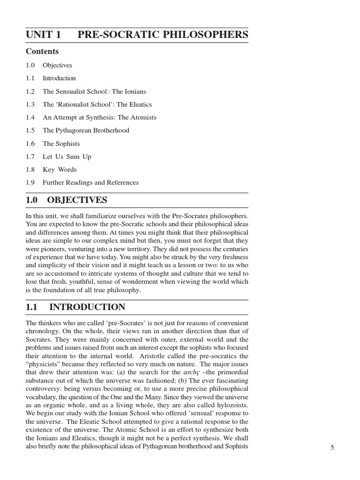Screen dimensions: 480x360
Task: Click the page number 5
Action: coord(332,448)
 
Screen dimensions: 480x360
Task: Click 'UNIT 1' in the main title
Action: coord(43,35)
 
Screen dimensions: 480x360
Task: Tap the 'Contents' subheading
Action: coord(42,52)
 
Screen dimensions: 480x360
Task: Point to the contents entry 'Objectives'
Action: coord(57,65)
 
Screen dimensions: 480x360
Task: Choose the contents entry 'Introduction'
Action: coord(59,78)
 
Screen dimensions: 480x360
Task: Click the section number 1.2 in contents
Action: coord(30,91)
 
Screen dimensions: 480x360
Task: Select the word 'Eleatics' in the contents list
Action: coord(140,105)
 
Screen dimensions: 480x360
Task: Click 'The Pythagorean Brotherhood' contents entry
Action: coord(86,130)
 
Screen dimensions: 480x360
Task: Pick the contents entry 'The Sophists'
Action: coord(61,143)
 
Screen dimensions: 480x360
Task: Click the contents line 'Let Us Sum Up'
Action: coord(67,157)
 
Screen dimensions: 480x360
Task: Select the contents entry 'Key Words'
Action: coord(60,170)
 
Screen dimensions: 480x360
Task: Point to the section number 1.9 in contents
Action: coord(30,182)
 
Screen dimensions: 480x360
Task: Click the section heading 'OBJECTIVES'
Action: coord(77,201)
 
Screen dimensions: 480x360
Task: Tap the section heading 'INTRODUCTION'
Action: coord(87,307)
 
